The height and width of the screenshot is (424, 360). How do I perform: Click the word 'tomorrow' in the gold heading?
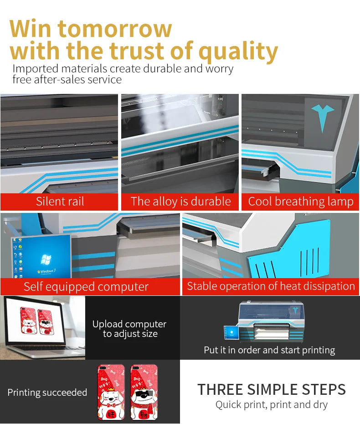[115, 28]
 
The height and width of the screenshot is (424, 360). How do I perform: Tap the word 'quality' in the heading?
[238, 52]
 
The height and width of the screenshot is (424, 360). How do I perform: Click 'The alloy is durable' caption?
[180, 202]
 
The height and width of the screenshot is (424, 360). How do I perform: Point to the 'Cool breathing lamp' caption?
[301, 202]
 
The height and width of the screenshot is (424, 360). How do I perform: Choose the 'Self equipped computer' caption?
[86, 287]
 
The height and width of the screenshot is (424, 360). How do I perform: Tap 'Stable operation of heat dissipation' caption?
[271, 286]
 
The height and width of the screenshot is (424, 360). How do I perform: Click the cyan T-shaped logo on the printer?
[322, 116]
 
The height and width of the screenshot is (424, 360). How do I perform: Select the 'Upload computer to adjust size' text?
[129, 329]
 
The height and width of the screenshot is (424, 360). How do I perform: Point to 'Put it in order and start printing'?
[269, 350]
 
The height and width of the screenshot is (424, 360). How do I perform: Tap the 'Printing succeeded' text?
[47, 393]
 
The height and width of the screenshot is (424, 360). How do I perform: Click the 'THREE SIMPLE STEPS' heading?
[272, 389]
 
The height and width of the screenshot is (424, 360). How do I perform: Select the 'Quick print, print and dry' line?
[271, 405]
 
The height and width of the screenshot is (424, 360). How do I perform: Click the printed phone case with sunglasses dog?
[144, 392]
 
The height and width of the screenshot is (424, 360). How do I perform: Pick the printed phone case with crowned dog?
[111, 392]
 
